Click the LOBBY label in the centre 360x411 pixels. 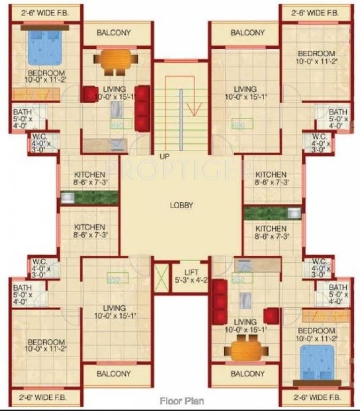[x=181, y=205]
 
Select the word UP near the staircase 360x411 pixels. [x=164, y=156]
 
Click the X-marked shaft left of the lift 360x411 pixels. [x=161, y=278]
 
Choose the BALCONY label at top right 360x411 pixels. [x=248, y=33]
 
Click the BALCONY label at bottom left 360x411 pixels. [x=113, y=374]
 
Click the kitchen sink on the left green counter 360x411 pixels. [x=67, y=198]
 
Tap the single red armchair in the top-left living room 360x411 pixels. [x=88, y=95]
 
